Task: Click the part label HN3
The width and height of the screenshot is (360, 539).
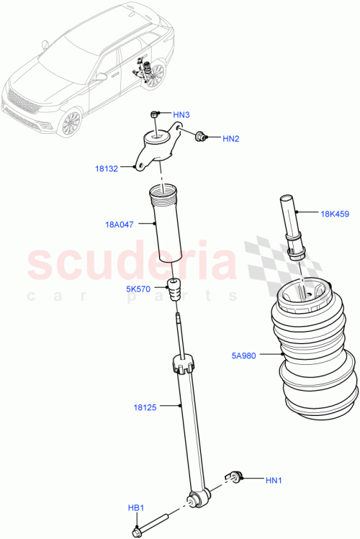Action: pyautogui.click(x=181, y=114)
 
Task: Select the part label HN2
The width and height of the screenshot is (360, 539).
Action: pyautogui.click(x=230, y=138)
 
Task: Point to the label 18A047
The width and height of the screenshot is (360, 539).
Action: pyautogui.click(x=118, y=225)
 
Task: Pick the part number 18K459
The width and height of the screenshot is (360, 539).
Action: pyautogui.click(x=335, y=213)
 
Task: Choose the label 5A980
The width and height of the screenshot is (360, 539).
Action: pyautogui.click(x=245, y=354)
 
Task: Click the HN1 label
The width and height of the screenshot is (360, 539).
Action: pyautogui.click(x=274, y=480)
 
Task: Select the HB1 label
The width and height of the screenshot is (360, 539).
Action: pyautogui.click(x=137, y=508)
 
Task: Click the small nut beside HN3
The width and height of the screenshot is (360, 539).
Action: pyautogui.click(x=154, y=115)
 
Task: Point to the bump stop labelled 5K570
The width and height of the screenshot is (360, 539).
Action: pyautogui.click(x=175, y=291)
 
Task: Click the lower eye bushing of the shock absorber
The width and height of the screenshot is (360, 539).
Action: pyautogui.click(x=196, y=498)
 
